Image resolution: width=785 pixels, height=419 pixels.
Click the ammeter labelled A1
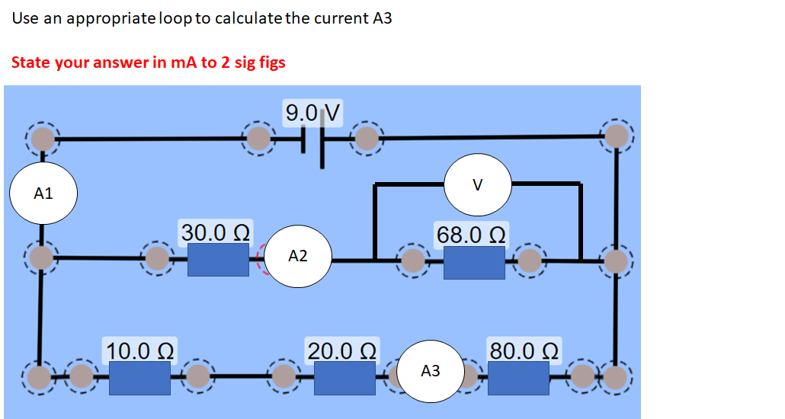(x=43, y=193)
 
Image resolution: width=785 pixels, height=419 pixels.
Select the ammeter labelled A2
(x=298, y=256)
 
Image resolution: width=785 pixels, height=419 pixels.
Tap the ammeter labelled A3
(x=431, y=371)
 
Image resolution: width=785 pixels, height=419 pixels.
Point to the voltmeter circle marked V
(x=478, y=184)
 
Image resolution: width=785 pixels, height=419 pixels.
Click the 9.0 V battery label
(x=313, y=114)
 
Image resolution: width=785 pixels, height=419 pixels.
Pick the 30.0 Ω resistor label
(x=217, y=232)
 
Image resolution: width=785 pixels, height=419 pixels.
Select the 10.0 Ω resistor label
(x=141, y=351)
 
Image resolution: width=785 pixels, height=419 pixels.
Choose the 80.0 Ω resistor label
(x=525, y=351)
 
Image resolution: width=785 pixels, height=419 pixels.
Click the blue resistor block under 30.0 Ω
(x=218, y=261)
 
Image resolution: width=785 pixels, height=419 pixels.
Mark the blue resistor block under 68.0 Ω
(x=473, y=262)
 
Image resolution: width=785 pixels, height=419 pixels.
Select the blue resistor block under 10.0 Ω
(x=139, y=378)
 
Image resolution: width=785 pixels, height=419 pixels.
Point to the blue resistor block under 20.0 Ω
(x=344, y=378)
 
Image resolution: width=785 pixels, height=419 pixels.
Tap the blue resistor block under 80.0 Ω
(x=518, y=378)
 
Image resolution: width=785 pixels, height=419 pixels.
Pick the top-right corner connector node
(x=617, y=136)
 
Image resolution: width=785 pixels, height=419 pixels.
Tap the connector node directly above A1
(x=43, y=139)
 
